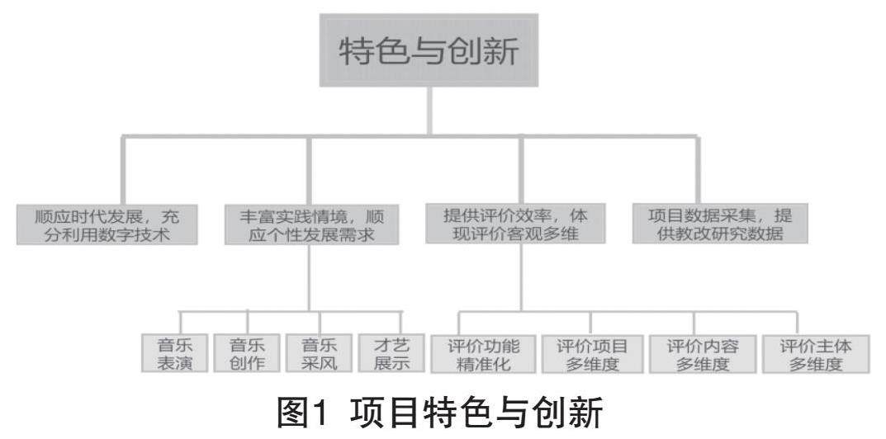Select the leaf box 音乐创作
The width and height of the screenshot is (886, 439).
(246, 353)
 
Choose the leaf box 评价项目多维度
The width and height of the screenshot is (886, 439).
(591, 353)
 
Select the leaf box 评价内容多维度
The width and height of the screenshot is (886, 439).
(701, 353)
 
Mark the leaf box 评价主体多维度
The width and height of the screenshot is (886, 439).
(813, 353)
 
